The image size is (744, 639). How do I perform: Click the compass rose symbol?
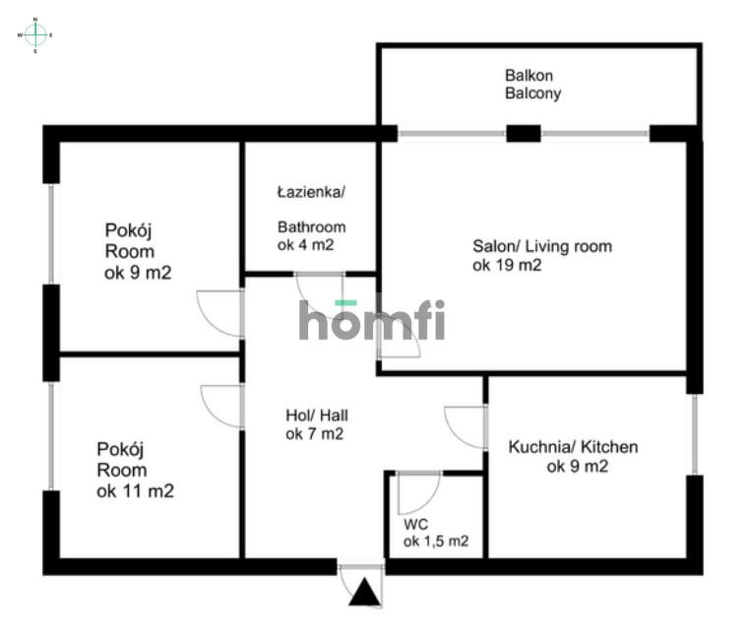tap(35, 34)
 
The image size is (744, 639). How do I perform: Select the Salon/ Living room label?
tap(541, 246)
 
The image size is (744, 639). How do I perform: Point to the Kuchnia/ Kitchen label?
tap(573, 447)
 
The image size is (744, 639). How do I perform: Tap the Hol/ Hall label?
tap(314, 415)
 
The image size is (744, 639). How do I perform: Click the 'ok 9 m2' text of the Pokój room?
tap(138, 274)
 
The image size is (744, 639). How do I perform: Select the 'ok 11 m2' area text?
tap(135, 491)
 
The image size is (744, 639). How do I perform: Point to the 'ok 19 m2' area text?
tap(508, 265)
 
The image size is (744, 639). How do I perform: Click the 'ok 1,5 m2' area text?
tap(435, 542)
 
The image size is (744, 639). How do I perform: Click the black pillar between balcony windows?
tap(524, 133)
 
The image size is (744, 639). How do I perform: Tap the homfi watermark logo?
tap(372, 321)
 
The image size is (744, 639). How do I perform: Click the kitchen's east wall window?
tap(695, 434)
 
